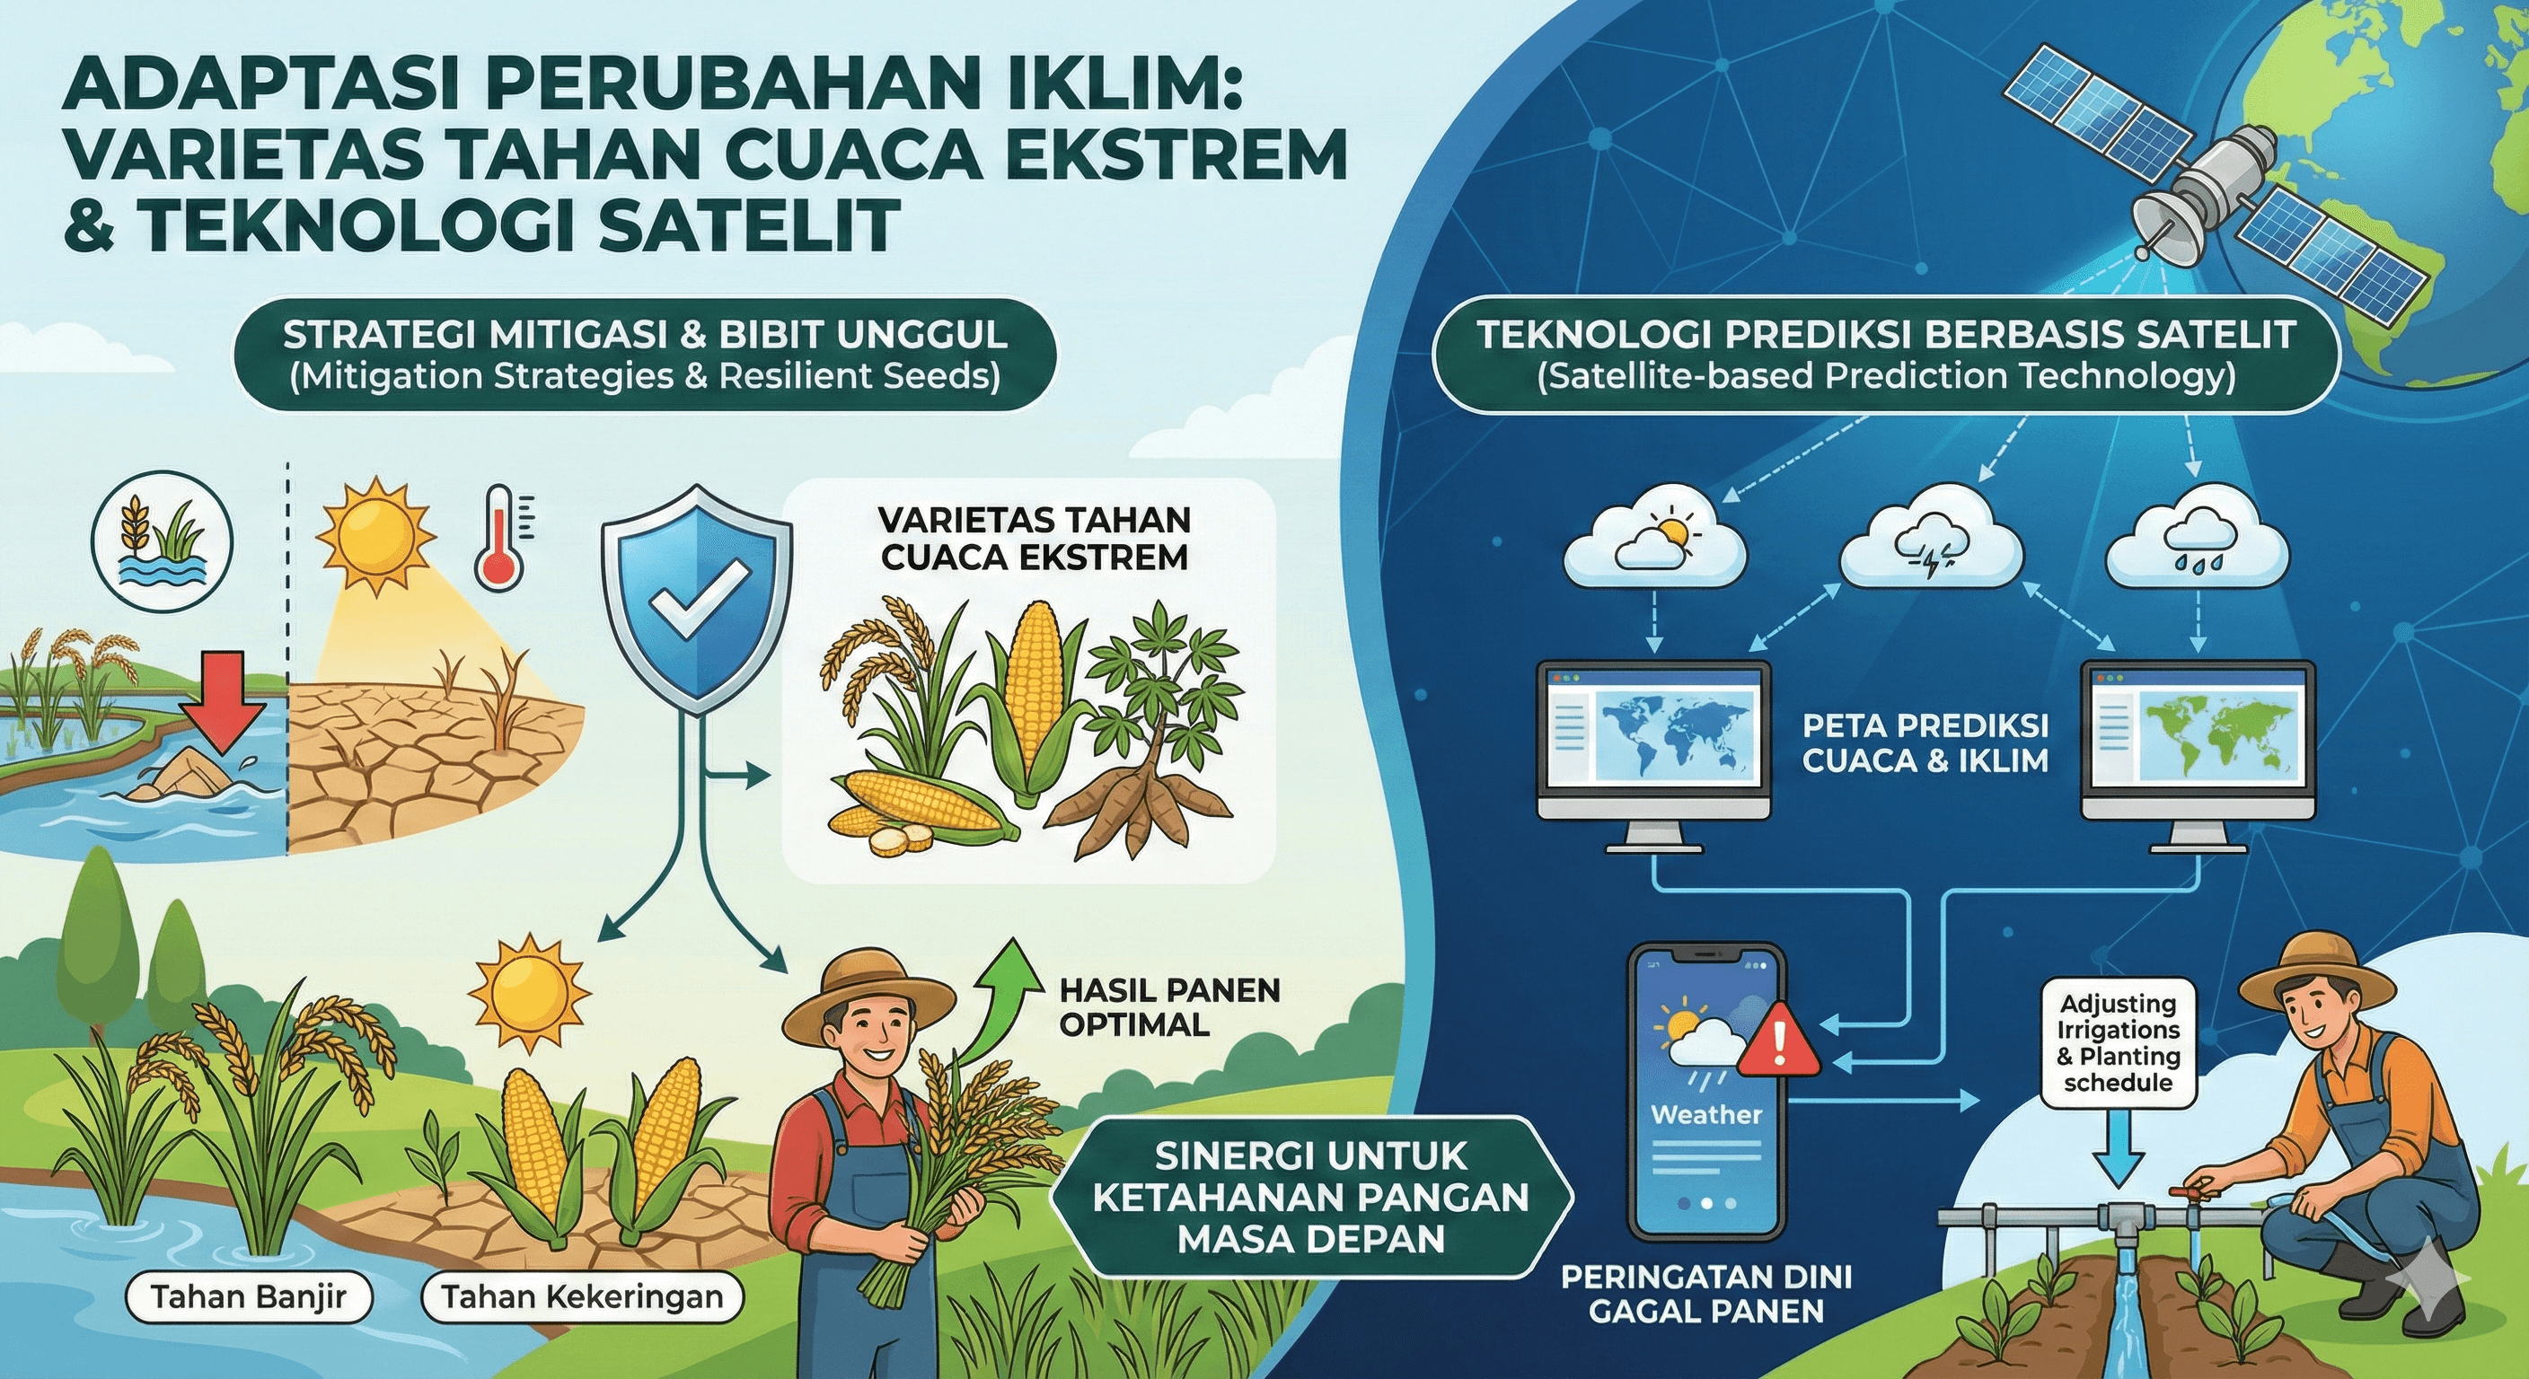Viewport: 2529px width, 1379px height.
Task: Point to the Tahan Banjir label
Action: (249, 1297)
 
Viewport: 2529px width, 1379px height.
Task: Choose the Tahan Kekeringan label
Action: (581, 1297)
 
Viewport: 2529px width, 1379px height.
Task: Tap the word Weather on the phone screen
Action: (1706, 1115)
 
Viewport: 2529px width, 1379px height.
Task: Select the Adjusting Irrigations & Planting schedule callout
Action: (2119, 1043)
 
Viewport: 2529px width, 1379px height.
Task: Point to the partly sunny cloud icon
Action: (1654, 549)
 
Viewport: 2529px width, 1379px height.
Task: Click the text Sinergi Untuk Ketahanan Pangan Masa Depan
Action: (1310, 1198)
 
